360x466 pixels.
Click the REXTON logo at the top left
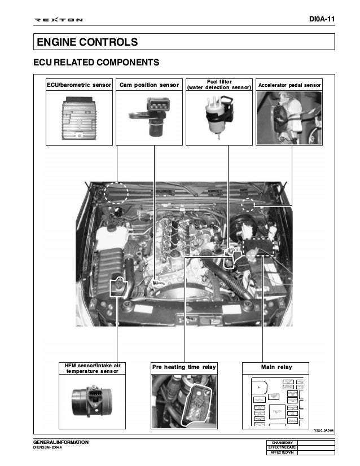(59, 21)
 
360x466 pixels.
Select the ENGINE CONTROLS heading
(87, 42)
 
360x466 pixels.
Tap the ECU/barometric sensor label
(79, 85)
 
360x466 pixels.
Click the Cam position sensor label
(150, 85)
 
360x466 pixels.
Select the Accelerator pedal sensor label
(289, 85)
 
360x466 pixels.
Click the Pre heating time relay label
(185, 368)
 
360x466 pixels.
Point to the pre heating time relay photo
(185, 402)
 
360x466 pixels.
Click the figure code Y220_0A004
(324, 430)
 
